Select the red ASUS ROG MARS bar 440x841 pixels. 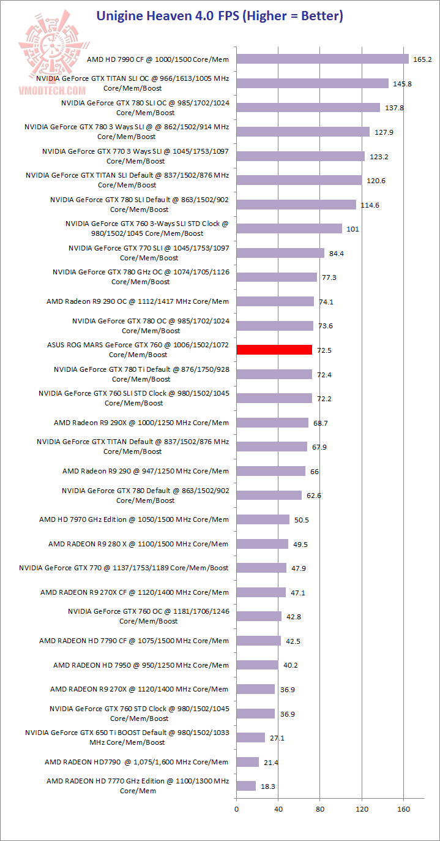coord(274,350)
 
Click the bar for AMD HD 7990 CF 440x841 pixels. coord(323,59)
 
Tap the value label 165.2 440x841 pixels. coord(423,59)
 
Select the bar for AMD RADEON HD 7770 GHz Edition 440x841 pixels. coord(246,786)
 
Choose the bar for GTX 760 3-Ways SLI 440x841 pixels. coord(289,228)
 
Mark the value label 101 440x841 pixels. coord(353,229)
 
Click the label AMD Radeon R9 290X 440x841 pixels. coord(141,423)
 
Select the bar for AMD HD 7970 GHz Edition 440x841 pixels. coord(263,519)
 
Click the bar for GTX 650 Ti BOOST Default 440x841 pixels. coord(251,737)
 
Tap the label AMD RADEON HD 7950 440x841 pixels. coord(141,665)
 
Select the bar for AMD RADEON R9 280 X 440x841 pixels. coord(263,544)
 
